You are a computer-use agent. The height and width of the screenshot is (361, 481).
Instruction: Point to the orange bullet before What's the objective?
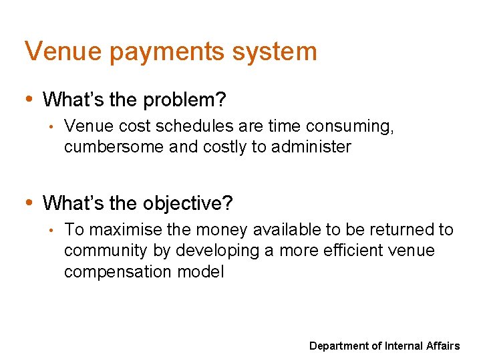(x=29, y=201)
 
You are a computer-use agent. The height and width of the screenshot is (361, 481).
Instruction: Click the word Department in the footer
(x=340, y=346)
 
